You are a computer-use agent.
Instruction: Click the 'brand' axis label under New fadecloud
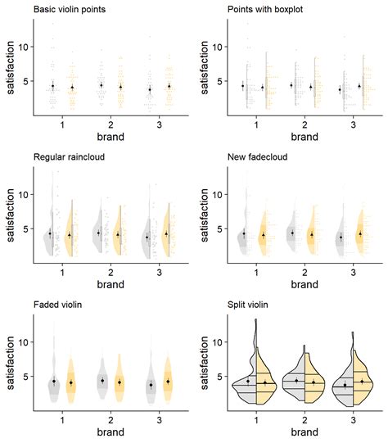[305, 285]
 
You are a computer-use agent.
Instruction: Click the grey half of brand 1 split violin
[246, 385]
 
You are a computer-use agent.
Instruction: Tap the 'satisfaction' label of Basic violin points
[8, 67]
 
